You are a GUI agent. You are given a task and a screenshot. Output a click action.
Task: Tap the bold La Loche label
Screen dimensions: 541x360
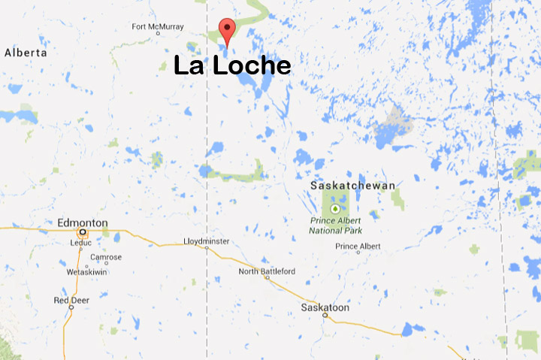[x=231, y=66]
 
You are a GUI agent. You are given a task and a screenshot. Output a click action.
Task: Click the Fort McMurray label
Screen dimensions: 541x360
[x=157, y=28]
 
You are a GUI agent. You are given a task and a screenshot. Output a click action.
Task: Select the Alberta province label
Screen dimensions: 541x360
[x=26, y=53]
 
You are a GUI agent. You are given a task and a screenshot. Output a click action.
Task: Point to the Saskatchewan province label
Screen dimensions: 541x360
[x=353, y=185]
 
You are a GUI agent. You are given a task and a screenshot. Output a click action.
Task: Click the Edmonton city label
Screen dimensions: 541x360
[x=83, y=223]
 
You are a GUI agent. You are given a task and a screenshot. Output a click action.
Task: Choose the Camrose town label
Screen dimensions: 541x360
[x=106, y=257]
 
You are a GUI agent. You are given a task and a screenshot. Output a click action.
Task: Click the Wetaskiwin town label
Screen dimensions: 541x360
[x=89, y=271]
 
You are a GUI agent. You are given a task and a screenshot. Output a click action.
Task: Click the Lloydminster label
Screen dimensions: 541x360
[x=207, y=241]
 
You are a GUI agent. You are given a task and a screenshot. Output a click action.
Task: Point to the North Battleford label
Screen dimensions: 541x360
[x=267, y=271]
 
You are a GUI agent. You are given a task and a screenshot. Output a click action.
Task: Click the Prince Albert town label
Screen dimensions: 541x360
[x=358, y=247]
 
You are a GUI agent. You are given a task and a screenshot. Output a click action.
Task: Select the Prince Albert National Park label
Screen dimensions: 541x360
[x=335, y=225]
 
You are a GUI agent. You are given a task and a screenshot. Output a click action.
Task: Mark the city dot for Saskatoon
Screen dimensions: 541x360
[x=325, y=316]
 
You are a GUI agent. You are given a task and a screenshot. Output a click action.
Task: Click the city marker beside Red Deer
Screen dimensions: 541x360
[x=71, y=307]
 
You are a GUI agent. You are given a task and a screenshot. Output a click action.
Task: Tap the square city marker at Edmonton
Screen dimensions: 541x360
[x=82, y=232]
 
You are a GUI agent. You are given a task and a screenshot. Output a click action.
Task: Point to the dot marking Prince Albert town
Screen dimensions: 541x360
[x=358, y=253]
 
